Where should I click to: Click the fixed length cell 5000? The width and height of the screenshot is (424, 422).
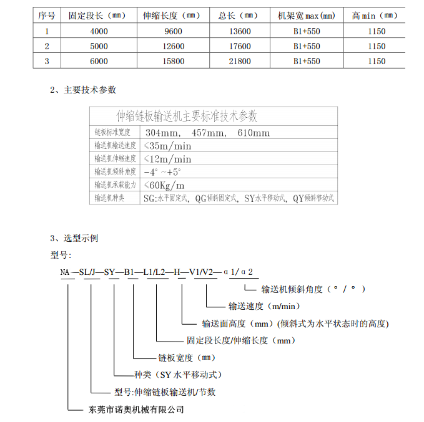click(99, 46)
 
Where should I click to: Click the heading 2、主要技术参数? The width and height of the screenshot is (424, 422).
click(82, 90)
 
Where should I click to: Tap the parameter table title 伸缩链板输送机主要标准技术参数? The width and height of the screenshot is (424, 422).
click(187, 116)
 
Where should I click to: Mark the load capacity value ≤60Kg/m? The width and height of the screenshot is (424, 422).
click(164, 185)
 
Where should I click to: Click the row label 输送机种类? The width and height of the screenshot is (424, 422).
click(109, 198)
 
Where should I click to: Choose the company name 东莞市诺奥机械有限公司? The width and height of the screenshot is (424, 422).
click(133, 410)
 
